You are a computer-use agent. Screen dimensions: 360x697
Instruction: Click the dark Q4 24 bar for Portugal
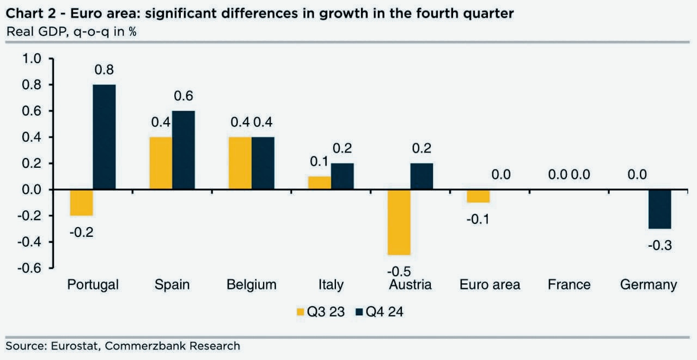tap(104, 137)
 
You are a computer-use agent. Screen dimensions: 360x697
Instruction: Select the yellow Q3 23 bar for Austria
tap(399, 222)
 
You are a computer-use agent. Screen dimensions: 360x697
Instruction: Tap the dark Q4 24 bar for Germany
tap(660, 209)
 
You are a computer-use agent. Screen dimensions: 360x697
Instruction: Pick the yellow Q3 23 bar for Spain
tap(161, 163)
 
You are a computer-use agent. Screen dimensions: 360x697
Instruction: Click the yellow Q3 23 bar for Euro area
tap(479, 196)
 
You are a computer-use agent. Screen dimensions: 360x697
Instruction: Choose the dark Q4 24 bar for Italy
tap(343, 176)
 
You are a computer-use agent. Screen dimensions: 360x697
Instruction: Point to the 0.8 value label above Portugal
tap(104, 70)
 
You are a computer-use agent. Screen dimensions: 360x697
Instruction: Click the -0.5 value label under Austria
tap(399, 271)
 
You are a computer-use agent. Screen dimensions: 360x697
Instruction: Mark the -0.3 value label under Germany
tap(660, 246)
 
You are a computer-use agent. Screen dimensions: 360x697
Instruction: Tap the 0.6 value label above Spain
tap(183, 96)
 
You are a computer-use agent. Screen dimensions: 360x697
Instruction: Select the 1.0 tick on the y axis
tap(31, 59)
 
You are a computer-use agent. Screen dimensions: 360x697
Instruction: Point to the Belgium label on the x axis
tap(252, 284)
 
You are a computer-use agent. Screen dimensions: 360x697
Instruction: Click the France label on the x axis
tap(569, 284)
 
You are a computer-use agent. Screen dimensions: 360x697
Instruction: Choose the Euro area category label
tap(490, 284)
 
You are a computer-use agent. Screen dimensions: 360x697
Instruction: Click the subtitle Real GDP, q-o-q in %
tap(71, 32)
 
